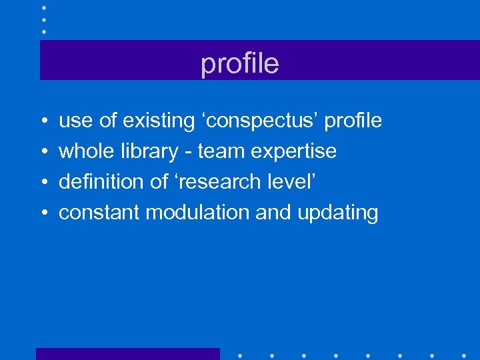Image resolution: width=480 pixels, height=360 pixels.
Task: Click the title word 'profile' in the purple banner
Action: [x=239, y=64]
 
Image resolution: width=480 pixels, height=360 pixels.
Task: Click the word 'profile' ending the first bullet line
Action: [x=355, y=121]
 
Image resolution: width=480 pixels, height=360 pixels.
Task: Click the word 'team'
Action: [x=221, y=152]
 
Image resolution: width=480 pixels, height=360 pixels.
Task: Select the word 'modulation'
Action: [x=198, y=213]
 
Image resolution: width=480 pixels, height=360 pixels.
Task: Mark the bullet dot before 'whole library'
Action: [x=43, y=152]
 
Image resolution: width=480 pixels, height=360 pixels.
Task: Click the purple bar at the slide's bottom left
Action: [x=127, y=353]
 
